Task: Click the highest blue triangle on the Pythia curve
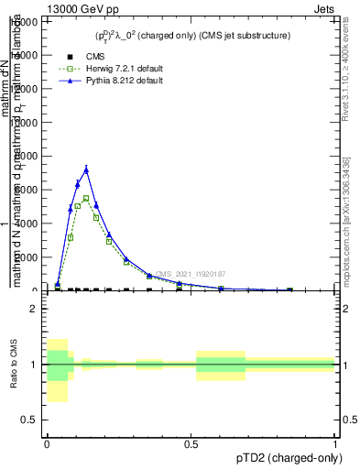point(86,169)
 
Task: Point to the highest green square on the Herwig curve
point(86,198)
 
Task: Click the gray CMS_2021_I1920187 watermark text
point(190,274)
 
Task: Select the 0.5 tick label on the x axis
point(191,442)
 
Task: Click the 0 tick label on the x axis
point(47,442)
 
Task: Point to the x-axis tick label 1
point(336,442)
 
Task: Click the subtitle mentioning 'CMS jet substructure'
point(191,36)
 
